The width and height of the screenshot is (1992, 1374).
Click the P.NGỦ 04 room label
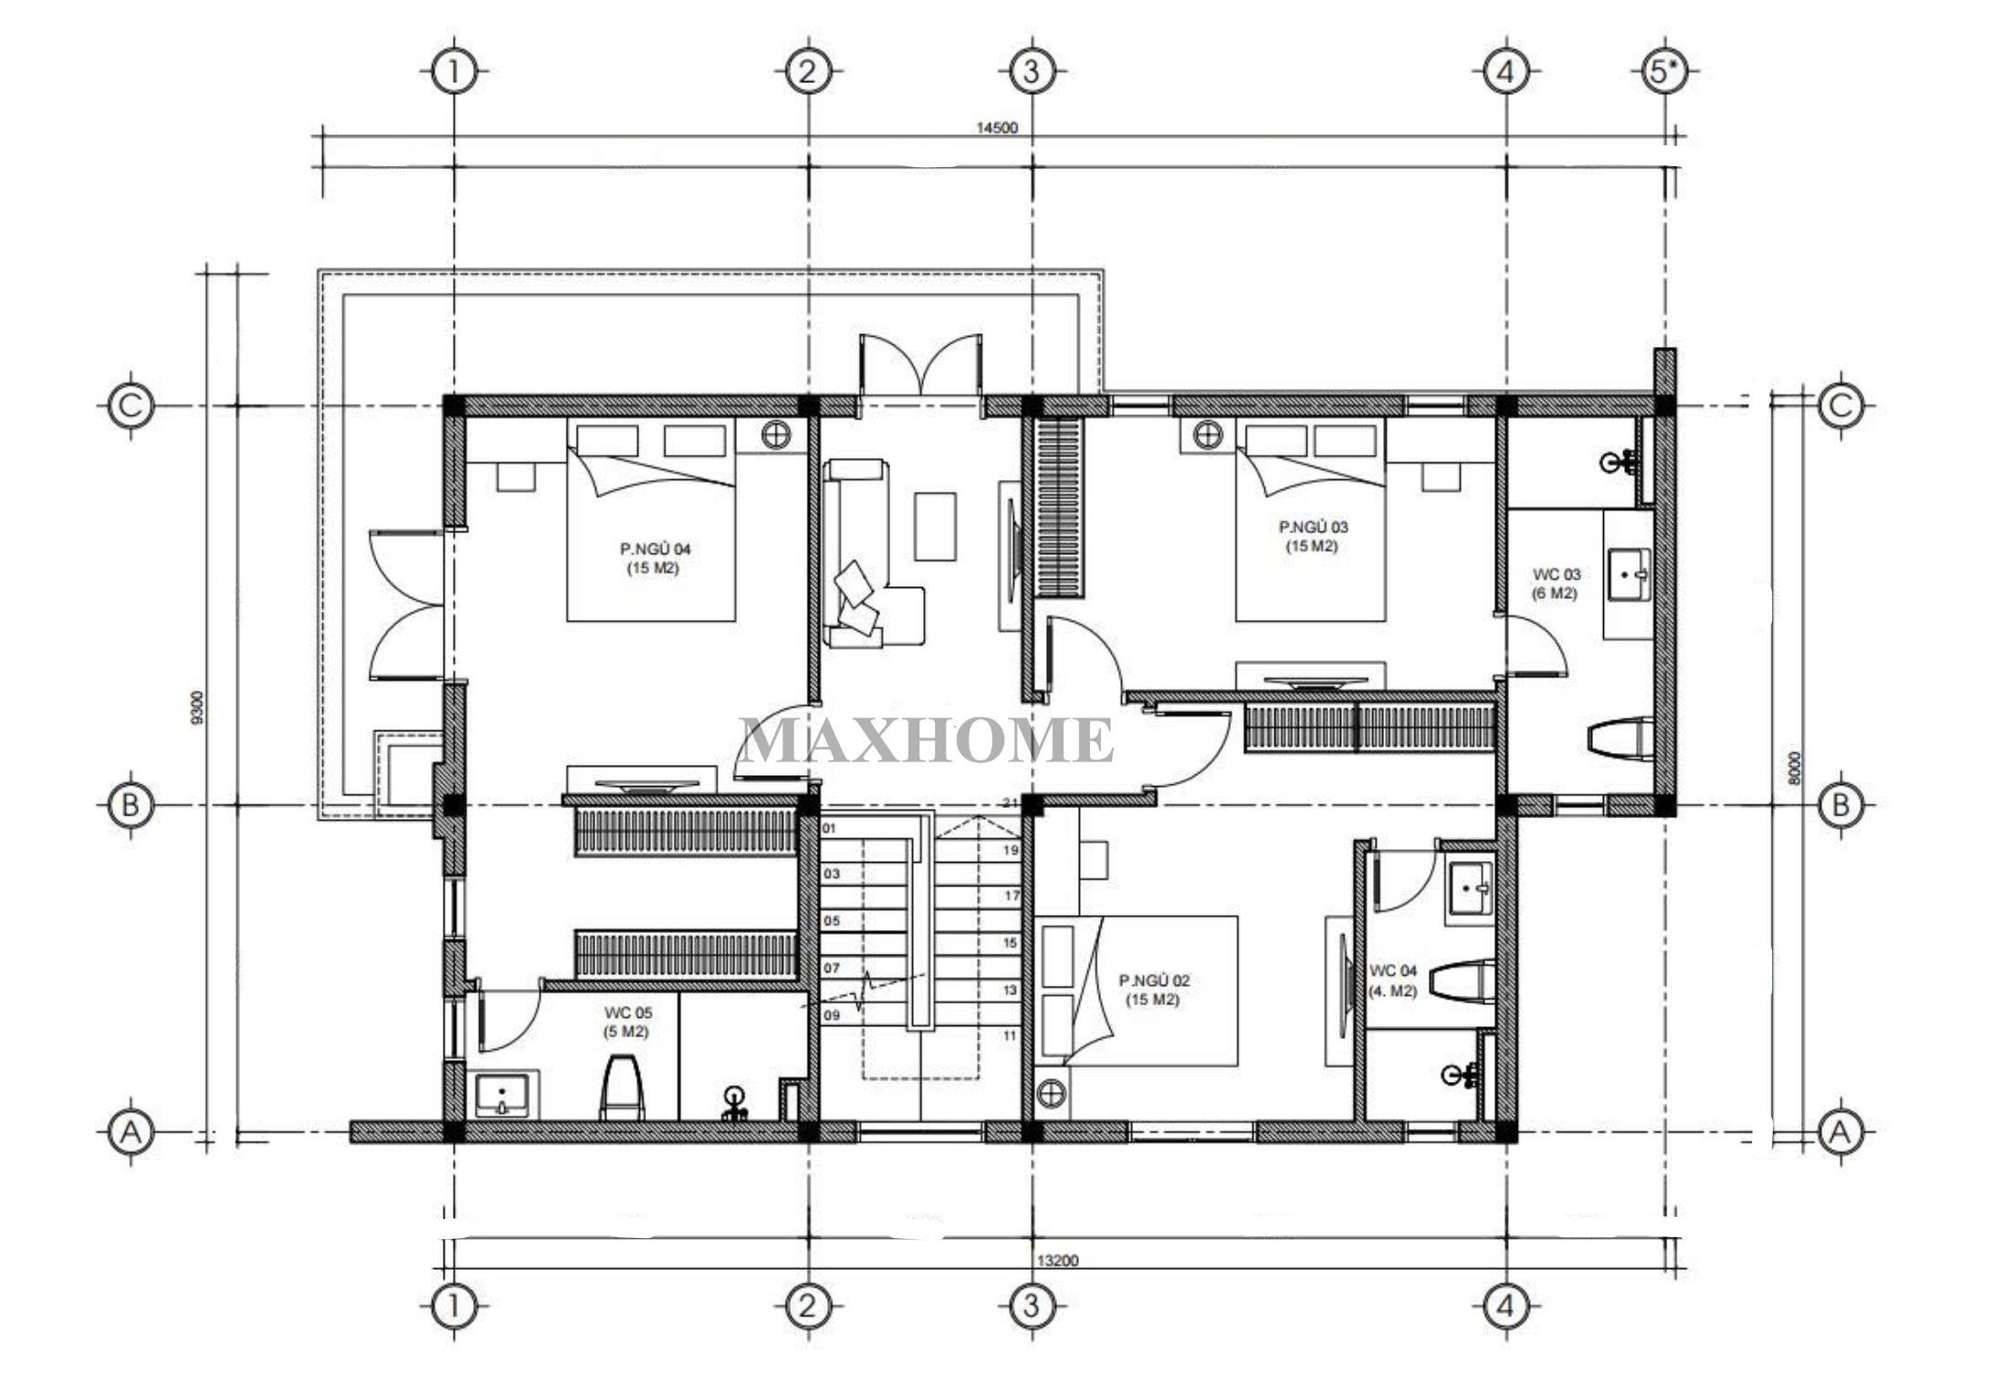pyautogui.click(x=655, y=549)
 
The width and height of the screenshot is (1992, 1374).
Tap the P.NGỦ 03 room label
pyautogui.click(x=1313, y=527)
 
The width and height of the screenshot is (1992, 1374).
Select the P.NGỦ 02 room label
pyautogui.click(x=1154, y=981)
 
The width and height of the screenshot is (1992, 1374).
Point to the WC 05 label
pyautogui.click(x=628, y=1012)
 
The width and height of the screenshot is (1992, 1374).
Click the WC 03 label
pyautogui.click(x=1556, y=574)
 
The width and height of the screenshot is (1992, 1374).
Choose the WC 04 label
pyautogui.click(x=1393, y=970)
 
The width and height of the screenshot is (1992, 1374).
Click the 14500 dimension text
pyautogui.click(x=997, y=128)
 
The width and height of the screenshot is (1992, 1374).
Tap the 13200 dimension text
pyautogui.click(x=1057, y=1261)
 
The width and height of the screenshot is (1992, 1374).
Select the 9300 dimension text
pyautogui.click(x=199, y=708)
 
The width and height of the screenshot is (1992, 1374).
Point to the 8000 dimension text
pyautogui.click(x=1795, y=768)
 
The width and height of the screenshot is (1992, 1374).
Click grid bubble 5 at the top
pyautogui.click(x=1663, y=70)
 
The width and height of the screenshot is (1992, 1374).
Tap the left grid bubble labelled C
pyautogui.click(x=131, y=404)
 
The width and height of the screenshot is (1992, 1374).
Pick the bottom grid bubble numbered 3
pyautogui.click(x=1032, y=1306)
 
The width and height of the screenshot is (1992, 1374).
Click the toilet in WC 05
pyautogui.click(x=622, y=1087)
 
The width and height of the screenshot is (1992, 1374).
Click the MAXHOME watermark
pyautogui.click(x=926, y=740)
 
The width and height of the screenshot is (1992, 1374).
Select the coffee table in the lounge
pyautogui.click(x=936, y=527)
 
